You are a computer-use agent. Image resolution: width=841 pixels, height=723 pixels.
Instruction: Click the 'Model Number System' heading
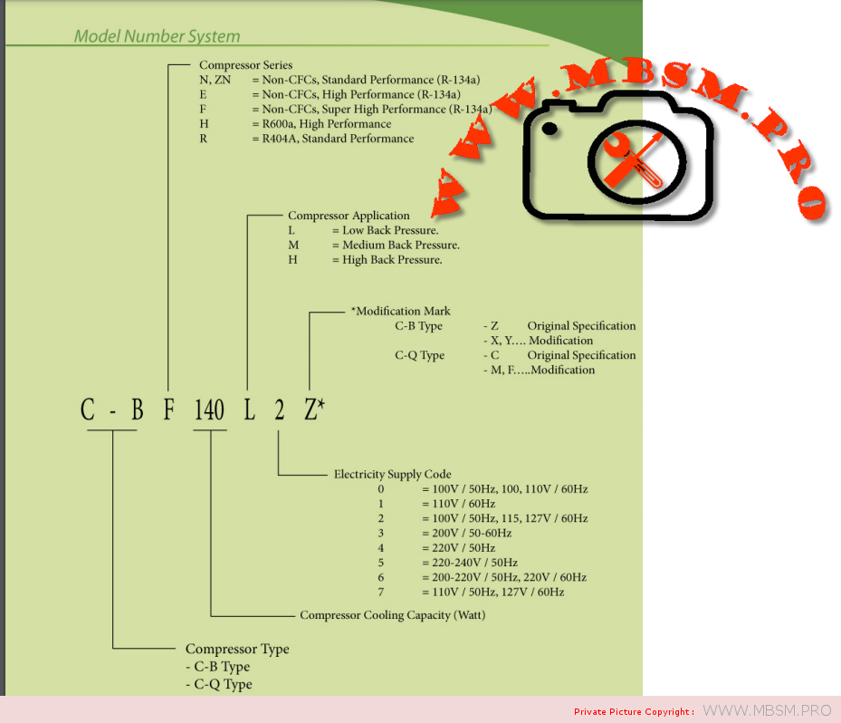click(x=157, y=37)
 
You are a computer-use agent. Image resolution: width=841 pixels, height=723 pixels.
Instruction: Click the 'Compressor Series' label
click(x=245, y=65)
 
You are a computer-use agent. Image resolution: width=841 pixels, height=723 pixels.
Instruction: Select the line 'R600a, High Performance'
click(x=326, y=124)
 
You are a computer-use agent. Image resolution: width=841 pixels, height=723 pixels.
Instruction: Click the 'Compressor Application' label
click(x=349, y=216)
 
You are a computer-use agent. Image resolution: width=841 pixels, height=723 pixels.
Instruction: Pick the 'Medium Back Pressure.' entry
click(x=401, y=245)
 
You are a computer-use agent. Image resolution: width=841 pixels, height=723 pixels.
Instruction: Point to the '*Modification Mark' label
click(x=400, y=311)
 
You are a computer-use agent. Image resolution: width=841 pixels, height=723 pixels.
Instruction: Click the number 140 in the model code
click(x=209, y=410)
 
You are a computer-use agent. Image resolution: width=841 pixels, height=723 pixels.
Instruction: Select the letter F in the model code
click(x=168, y=410)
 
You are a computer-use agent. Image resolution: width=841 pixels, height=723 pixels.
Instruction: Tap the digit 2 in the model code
click(x=280, y=410)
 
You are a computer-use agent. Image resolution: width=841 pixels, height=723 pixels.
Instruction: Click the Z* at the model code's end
click(x=313, y=410)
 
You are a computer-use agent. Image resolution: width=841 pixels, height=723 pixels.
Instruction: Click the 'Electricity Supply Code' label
click(x=392, y=474)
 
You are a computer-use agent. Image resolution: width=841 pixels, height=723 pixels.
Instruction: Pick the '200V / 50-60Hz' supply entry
click(x=466, y=533)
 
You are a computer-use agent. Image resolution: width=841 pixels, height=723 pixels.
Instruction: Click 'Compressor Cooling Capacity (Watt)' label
click(x=392, y=615)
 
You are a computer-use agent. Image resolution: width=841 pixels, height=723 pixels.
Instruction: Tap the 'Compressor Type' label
click(x=237, y=649)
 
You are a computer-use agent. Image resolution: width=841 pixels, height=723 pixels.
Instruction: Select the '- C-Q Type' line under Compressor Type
click(x=218, y=684)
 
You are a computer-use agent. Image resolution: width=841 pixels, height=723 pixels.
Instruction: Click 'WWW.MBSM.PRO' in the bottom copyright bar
click(x=767, y=710)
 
